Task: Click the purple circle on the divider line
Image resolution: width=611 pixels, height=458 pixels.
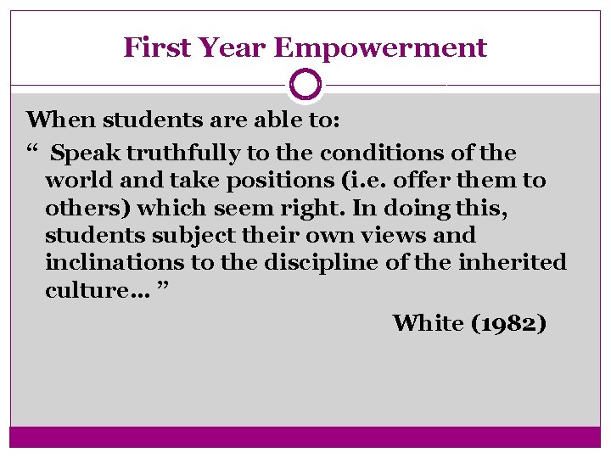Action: pos(305,85)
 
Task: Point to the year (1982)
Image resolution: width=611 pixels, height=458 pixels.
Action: pos(507,323)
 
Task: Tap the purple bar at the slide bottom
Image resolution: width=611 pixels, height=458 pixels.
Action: pos(305,436)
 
